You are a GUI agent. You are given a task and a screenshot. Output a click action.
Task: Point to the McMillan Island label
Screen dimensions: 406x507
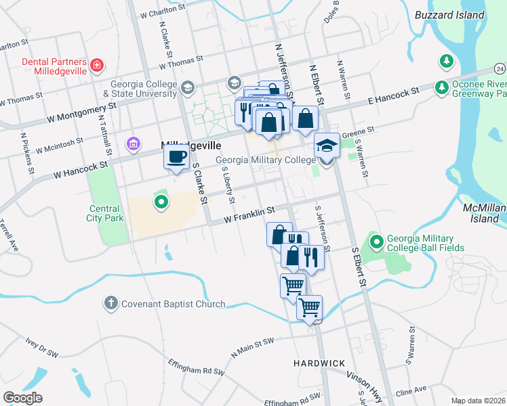click(484, 212)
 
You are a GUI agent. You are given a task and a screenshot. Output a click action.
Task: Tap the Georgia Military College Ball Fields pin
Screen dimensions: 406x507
click(376, 240)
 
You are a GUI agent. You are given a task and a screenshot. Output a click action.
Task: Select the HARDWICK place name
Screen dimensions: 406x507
click(320, 363)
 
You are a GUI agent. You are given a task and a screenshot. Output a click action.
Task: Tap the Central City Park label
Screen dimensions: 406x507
click(104, 213)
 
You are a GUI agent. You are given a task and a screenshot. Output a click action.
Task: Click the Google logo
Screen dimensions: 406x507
click(23, 397)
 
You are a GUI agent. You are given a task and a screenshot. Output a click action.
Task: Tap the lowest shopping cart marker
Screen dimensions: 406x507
click(310, 309)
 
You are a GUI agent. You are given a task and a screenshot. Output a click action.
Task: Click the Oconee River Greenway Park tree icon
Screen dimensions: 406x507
click(442, 87)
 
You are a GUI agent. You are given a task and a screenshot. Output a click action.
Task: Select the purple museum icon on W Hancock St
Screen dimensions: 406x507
click(133, 143)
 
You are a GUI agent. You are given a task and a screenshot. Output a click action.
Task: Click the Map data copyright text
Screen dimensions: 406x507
click(478, 401)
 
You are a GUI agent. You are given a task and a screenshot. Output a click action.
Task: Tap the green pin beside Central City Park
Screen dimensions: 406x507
click(161, 202)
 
